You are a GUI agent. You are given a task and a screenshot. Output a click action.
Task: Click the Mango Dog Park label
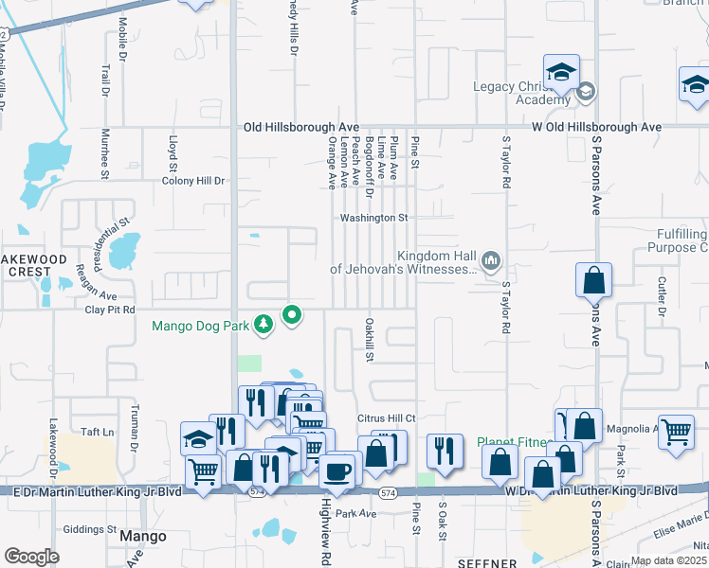pyautogui.click(x=201, y=328)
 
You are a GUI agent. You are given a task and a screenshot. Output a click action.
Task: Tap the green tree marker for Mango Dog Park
pyautogui.click(x=264, y=326)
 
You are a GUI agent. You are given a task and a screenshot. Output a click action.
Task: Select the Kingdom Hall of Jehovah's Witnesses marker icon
pyautogui.click(x=491, y=259)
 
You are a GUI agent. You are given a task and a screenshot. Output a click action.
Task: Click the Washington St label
pyautogui.click(x=374, y=218)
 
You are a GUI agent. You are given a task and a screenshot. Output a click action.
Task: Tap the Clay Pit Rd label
pyautogui.click(x=110, y=310)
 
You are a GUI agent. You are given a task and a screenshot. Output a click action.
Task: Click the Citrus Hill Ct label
pyautogui.click(x=387, y=417)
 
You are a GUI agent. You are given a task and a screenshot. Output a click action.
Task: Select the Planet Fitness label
pyautogui.click(x=512, y=441)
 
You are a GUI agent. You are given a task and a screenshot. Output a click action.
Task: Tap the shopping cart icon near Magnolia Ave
pyautogui.click(x=676, y=431)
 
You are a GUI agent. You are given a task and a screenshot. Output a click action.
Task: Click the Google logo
pyautogui.click(x=32, y=557)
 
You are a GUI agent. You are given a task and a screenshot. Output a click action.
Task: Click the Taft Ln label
pyautogui.click(x=97, y=431)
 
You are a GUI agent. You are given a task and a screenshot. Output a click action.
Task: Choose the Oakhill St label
pyautogui.click(x=370, y=339)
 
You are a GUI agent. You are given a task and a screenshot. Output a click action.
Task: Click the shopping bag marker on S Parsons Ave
pyautogui.click(x=593, y=280)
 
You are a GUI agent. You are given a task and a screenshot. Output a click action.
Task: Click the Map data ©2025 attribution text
pyautogui.click(x=669, y=560)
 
